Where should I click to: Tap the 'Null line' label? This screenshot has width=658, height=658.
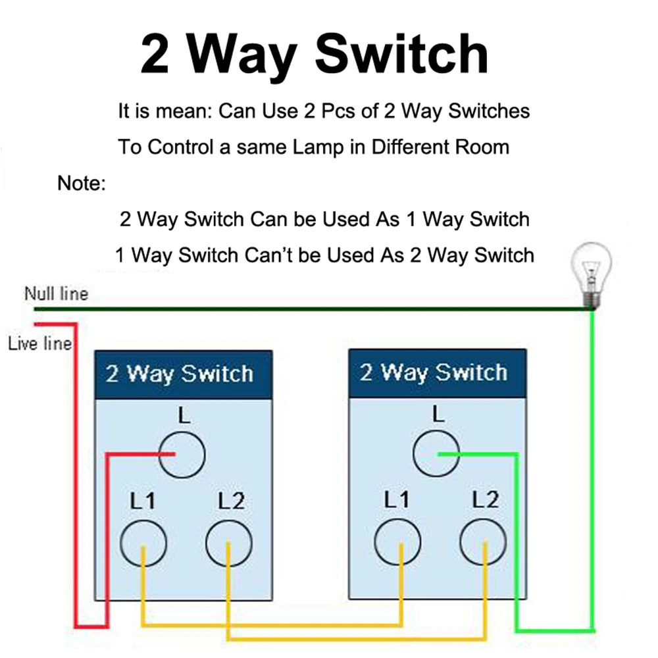[56, 293]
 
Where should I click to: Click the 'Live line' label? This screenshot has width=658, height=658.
[39, 343]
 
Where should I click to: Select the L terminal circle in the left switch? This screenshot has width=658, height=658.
[182, 454]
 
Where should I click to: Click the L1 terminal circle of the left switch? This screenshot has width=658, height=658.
[143, 544]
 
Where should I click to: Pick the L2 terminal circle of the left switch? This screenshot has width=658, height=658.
[228, 544]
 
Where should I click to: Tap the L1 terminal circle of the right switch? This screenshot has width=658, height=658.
[397, 543]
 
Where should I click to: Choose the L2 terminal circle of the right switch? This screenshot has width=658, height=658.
[482, 543]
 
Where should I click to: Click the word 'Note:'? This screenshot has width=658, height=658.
[82, 183]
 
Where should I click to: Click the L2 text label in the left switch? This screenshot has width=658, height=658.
[231, 501]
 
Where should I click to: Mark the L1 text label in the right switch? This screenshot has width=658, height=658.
[397, 500]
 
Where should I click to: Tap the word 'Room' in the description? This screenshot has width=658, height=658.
[483, 146]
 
